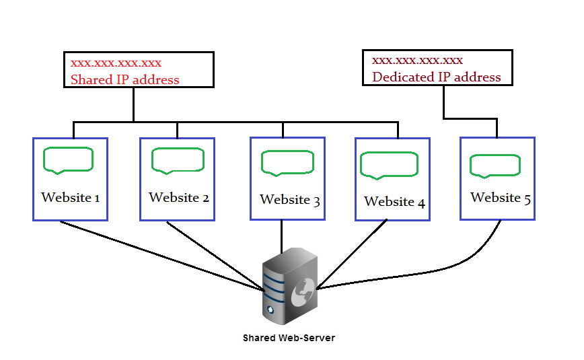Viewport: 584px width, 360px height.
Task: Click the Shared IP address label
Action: coord(125,80)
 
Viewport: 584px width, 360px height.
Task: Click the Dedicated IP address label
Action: coord(437,77)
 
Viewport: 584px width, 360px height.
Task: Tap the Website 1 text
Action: coord(71,198)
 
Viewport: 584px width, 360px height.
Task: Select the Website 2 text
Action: coord(179,198)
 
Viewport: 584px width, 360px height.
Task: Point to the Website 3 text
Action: coord(289,200)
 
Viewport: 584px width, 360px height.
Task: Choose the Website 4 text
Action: coord(394,202)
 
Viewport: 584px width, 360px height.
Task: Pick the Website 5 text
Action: coord(501,198)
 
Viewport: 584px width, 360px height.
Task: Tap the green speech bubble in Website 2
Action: coord(178,160)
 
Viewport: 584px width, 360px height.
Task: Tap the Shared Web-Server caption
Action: coord(289,338)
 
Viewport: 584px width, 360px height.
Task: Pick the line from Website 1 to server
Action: coord(161,256)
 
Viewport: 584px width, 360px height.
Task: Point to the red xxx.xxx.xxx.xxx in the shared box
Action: coord(116,64)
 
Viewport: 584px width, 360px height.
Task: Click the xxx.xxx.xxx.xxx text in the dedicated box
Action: coord(417,61)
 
